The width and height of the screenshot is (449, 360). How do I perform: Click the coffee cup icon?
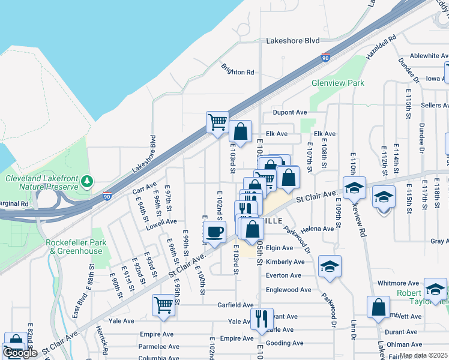[215, 232]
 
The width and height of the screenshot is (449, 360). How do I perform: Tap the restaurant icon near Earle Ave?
[261, 318]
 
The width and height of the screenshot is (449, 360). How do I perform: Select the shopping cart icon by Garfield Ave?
[164, 305]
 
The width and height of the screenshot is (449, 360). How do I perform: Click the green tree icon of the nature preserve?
[88, 181]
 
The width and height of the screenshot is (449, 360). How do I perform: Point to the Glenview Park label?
[338, 83]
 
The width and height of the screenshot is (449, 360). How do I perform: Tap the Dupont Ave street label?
[290, 112]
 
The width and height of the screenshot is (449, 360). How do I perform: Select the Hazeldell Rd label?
[382, 46]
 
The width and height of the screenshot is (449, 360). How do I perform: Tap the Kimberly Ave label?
[285, 262]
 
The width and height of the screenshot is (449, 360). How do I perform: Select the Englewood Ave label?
[289, 290]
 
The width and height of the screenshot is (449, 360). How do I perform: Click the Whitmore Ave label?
[398, 283]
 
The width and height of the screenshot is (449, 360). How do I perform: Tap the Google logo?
[20, 353]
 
